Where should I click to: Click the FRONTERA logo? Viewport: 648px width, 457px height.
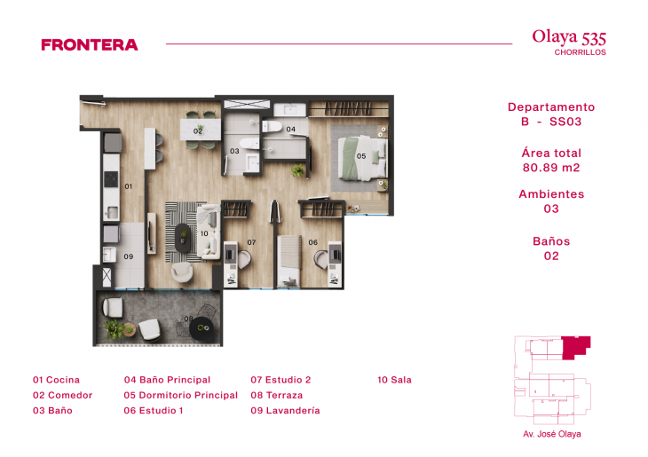coord(90,44)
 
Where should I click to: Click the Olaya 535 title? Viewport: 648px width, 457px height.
coord(569,37)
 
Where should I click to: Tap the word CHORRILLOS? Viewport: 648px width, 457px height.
coord(580,52)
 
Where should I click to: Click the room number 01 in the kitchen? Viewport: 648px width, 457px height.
coord(128,186)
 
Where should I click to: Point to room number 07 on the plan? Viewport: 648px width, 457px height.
coord(251,242)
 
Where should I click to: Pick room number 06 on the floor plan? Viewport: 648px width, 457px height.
coord(312,242)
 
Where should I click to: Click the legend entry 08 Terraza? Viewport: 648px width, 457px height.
coord(276,395)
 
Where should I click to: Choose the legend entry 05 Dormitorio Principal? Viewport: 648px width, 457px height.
coord(181,395)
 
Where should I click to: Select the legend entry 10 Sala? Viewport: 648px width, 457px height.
coord(394,380)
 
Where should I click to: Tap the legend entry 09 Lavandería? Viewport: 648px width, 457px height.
coord(285,411)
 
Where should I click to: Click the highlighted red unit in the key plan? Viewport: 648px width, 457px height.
coord(577,347)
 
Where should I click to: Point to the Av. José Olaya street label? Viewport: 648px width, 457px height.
coord(552,435)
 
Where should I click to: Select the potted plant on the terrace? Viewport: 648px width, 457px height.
coord(114,328)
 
